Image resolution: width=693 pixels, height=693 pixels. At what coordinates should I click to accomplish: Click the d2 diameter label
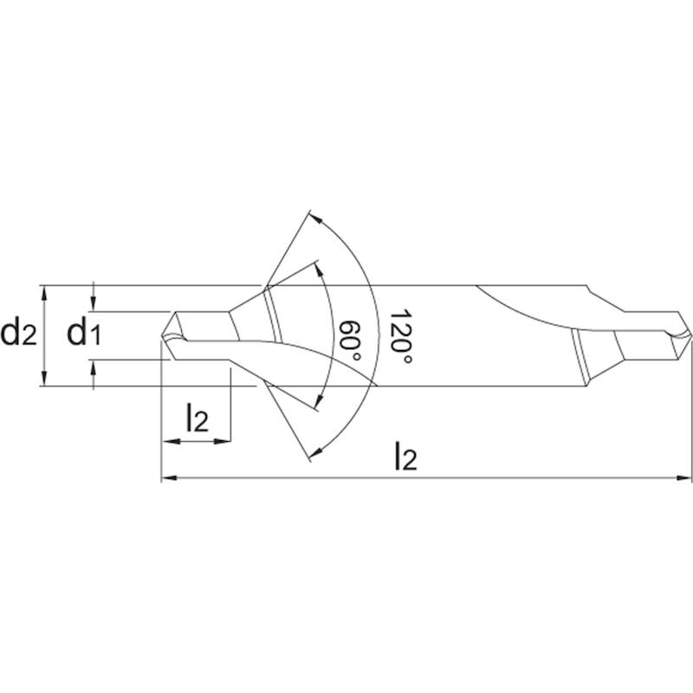pyautogui.click(x=18, y=334)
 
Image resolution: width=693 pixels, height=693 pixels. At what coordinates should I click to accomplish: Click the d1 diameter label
pyautogui.click(x=84, y=334)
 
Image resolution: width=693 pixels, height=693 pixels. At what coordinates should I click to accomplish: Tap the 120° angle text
pyautogui.click(x=400, y=337)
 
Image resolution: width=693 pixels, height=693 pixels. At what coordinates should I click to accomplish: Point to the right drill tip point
pyautogui.click(x=690, y=334)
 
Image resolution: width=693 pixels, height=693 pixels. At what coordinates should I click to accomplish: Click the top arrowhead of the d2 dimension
pyautogui.click(x=43, y=293)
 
